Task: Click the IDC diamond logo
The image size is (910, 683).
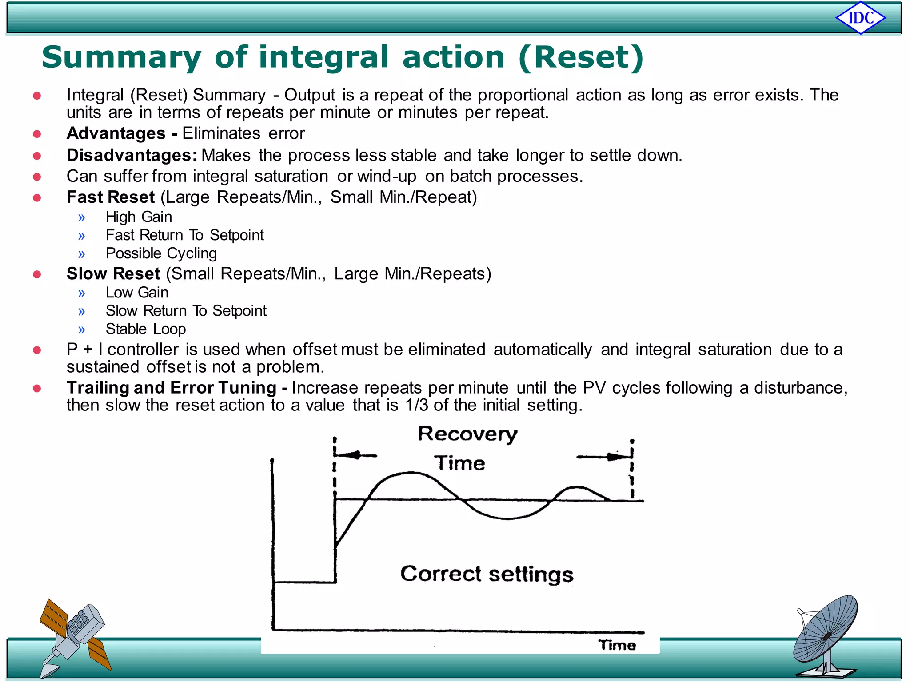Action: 861,18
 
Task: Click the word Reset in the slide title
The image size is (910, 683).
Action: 581,57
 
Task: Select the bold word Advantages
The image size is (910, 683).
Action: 116,133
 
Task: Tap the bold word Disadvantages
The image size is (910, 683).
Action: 132,155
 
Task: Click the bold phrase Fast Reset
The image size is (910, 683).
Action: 111,197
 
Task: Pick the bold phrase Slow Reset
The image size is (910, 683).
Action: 113,273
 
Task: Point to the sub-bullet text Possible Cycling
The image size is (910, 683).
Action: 161,253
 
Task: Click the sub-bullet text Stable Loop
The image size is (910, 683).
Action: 146,329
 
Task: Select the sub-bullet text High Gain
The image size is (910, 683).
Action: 139,217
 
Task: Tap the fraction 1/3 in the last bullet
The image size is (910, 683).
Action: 416,405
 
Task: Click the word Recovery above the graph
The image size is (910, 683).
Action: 467,434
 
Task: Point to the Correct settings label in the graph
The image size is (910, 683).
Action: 487,574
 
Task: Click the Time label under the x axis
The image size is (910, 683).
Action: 617,645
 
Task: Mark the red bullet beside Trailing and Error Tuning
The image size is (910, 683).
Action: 37,388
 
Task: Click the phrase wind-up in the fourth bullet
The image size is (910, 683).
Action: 387,177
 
